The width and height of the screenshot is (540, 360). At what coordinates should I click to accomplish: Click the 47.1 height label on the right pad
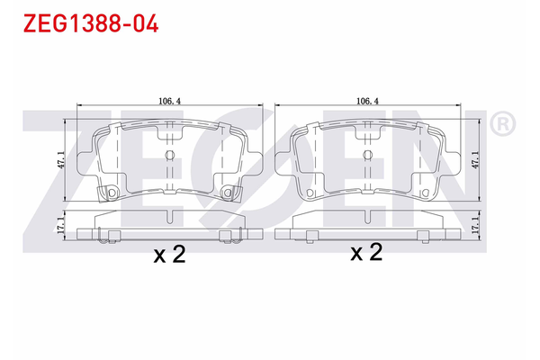[x=476, y=159]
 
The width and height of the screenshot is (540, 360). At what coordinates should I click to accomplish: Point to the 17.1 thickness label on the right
[x=476, y=226]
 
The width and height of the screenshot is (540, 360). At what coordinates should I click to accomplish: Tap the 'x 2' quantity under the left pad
[x=169, y=255]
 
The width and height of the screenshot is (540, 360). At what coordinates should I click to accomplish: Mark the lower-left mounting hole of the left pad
[x=112, y=193]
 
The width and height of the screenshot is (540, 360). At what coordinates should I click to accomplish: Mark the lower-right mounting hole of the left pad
[x=228, y=193]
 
